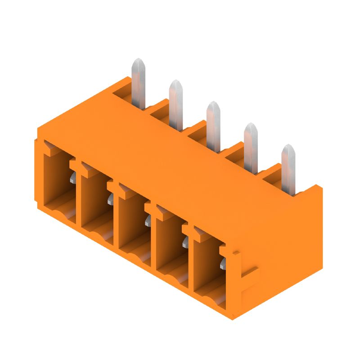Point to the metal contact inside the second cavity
coord(111,200)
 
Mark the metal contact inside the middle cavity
coord(148,221)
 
